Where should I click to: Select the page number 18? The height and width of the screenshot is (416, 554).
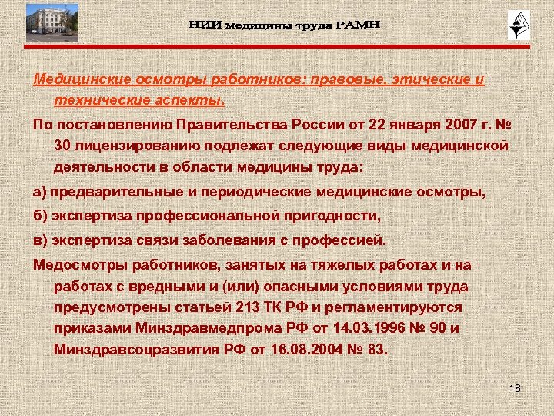(515, 387)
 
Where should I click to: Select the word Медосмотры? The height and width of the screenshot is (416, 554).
(80, 265)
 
